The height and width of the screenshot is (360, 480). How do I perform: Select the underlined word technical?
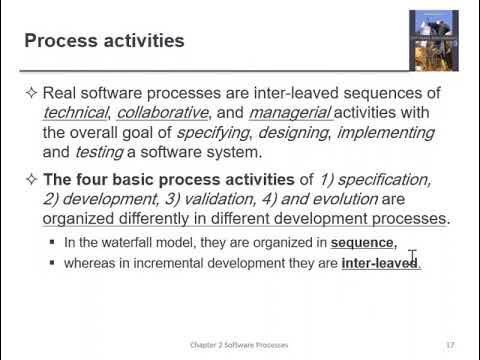77,113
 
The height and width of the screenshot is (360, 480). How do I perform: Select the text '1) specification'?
374,179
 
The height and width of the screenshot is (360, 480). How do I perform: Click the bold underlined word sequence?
363,243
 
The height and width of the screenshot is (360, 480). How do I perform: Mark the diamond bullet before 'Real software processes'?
31,93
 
